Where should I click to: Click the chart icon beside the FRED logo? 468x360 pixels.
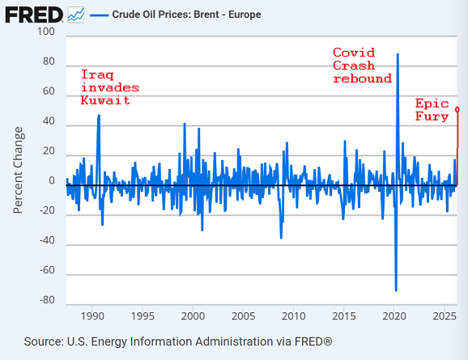76,14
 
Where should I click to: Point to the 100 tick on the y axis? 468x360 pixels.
45,32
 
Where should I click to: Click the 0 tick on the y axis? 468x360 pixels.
51,181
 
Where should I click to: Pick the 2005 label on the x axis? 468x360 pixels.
243,316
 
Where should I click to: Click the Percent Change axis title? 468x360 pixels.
18,170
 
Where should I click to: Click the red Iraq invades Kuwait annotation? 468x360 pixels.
110,87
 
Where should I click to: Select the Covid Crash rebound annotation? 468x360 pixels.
362,66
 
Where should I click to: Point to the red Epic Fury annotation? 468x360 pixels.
433,110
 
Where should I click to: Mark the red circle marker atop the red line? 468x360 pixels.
457,109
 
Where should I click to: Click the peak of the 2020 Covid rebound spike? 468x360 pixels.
398,54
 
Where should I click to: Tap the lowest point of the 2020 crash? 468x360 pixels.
396,290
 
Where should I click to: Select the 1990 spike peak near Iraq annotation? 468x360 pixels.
99,115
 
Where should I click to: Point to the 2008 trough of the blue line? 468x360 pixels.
281,238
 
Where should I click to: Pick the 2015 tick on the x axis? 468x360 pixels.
343,316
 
